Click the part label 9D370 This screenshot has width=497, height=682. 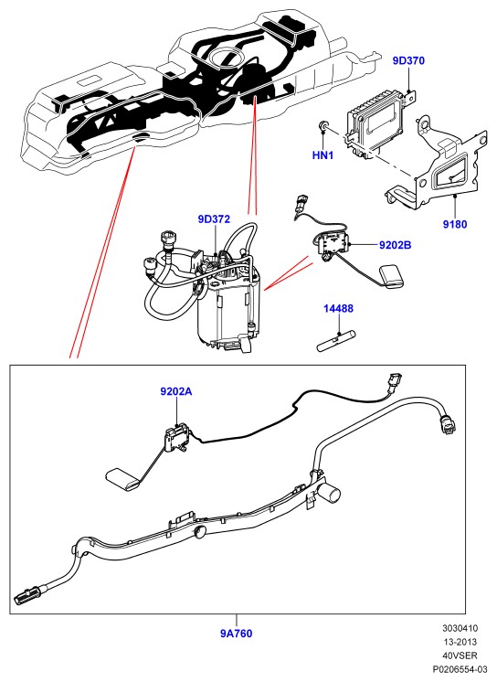pos(408,60)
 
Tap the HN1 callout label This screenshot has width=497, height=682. pos(323,155)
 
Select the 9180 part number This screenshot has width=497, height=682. pos(455,224)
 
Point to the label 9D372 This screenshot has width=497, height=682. pos(214,218)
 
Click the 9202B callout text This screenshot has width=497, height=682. pos(395,245)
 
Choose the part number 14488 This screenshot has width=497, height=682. pos(338,308)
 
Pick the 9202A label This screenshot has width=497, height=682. pos(176,391)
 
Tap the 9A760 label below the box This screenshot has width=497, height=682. pos(236,634)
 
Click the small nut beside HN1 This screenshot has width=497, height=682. pos(323,125)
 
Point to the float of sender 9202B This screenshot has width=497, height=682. pos(391,277)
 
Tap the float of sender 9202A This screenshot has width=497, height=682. pos(123,479)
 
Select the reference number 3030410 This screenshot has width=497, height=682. pos(460,628)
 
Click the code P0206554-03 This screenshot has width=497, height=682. pos(460,669)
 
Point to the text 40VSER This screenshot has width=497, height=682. pos(460,655)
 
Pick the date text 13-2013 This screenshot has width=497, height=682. pos(460,642)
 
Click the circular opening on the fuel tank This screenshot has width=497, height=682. pos(225,58)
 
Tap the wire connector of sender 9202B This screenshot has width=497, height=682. pos(299,203)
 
